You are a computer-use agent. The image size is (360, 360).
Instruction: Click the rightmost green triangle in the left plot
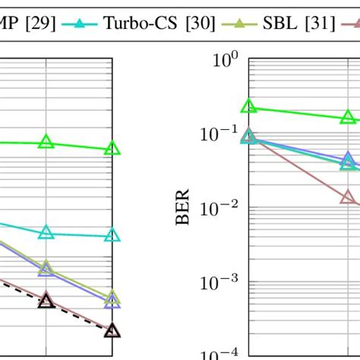coord(112,149)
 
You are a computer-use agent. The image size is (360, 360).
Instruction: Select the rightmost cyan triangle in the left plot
coord(112,235)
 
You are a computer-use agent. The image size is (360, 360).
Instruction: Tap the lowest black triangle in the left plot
coord(112,330)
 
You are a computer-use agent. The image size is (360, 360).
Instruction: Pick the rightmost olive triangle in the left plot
coord(112,297)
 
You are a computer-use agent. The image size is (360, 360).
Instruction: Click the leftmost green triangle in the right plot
coord(248,107)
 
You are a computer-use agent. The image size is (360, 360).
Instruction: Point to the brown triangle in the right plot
coord(348,197)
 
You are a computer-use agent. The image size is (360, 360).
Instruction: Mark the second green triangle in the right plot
coord(348,117)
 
